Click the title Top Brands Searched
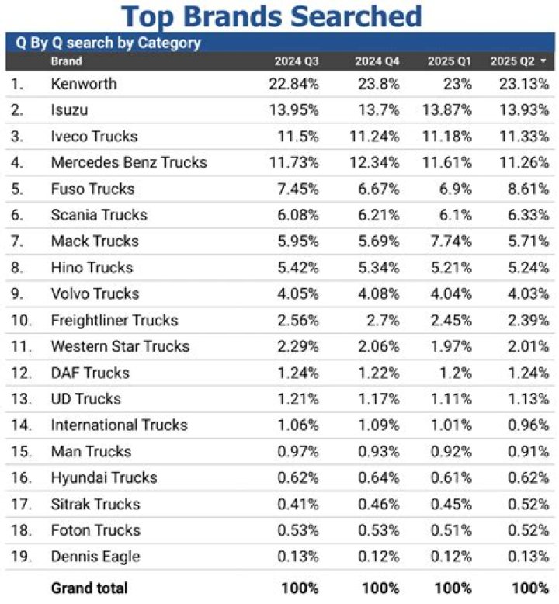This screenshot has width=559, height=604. [272, 16]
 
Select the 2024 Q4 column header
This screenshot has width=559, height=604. [377, 61]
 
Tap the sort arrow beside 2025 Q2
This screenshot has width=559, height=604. [543, 61]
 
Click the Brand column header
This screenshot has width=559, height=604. [66, 61]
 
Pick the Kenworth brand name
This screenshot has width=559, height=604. [84, 84]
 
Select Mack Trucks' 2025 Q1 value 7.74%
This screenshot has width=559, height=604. [450, 241]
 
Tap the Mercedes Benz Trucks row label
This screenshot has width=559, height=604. [129, 162]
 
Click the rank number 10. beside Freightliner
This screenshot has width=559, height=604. [21, 320]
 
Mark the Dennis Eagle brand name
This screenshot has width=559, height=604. [95, 556]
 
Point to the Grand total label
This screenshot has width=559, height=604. [89, 588]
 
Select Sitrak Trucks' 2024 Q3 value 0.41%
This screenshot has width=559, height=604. [296, 504]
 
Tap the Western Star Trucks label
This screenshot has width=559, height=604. [120, 346]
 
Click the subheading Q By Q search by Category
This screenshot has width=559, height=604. [109, 43]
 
